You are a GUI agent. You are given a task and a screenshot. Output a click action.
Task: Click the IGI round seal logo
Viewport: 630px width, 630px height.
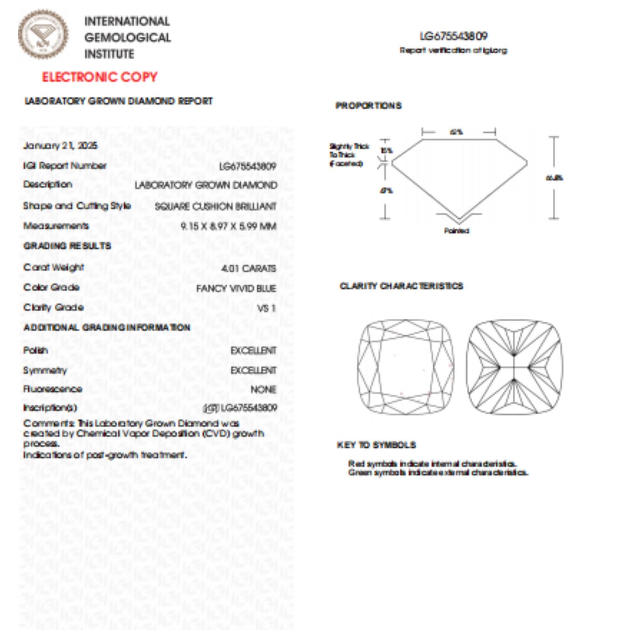[x=43, y=34]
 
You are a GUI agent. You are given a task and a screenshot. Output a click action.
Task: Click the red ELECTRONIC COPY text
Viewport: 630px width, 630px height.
[x=99, y=77]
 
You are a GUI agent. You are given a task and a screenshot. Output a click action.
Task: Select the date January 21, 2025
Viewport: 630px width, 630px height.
[x=60, y=146]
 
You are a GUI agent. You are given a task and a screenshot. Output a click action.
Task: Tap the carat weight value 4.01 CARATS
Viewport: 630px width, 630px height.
[x=248, y=268]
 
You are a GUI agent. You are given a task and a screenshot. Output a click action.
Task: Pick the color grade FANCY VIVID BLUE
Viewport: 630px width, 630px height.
[x=236, y=288]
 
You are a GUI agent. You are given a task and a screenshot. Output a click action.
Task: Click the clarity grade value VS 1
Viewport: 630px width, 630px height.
[x=266, y=308]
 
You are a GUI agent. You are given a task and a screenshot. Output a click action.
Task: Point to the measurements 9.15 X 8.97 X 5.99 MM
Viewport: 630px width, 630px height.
[x=228, y=226]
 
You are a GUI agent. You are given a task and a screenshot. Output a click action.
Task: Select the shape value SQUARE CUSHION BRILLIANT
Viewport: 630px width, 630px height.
[x=215, y=206]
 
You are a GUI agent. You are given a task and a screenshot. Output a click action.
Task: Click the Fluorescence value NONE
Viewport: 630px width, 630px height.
[x=263, y=389]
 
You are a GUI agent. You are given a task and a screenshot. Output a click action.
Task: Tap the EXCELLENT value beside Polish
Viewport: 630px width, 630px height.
[x=253, y=351]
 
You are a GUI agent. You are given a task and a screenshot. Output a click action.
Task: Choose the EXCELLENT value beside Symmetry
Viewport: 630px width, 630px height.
[x=253, y=370]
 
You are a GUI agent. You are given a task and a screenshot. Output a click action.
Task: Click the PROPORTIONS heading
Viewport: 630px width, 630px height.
[x=368, y=106]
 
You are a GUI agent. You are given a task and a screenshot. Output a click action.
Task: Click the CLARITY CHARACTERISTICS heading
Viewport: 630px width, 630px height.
[x=401, y=286]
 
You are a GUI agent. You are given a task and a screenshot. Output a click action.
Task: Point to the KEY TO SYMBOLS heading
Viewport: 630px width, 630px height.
[x=376, y=445]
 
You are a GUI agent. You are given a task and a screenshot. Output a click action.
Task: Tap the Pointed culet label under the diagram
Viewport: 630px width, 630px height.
[x=456, y=231]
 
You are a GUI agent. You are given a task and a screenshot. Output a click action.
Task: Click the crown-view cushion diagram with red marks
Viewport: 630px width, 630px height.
[x=405, y=367]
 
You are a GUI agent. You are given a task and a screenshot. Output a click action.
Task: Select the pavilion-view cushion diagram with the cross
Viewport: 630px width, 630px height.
[x=514, y=367]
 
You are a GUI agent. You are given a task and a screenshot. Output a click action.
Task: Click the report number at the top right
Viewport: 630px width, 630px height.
[x=453, y=36]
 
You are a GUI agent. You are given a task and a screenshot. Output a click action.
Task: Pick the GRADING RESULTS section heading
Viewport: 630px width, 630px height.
[x=67, y=246]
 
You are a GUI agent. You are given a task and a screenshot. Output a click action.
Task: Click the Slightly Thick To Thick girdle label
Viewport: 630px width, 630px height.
[x=348, y=155]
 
